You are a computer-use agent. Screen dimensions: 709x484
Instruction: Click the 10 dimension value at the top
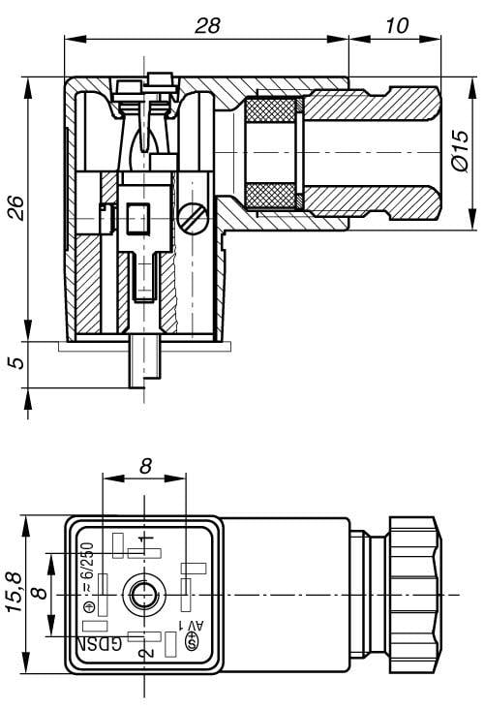click(x=396, y=25)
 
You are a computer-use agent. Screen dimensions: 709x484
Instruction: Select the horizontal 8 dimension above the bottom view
click(x=145, y=466)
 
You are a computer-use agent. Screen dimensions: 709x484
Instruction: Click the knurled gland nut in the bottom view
click(x=412, y=592)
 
